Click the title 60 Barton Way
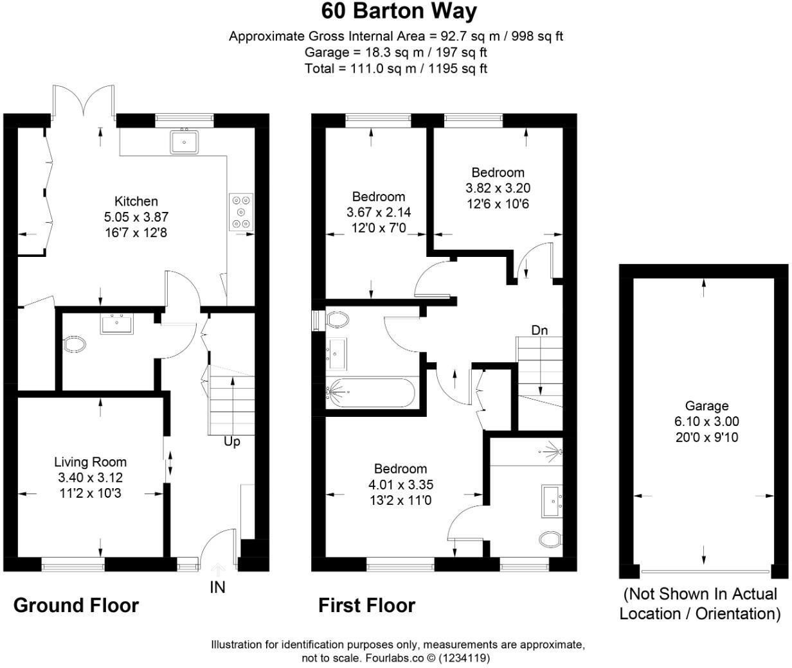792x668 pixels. click(399, 12)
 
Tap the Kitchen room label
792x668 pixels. click(136, 201)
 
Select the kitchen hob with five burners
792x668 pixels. click(242, 211)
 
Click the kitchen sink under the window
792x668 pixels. click(184, 142)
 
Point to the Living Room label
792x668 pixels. click(90, 462)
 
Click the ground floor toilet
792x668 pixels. click(75, 345)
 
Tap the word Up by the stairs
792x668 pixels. click(231, 442)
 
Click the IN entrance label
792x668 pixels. click(218, 587)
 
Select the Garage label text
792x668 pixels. click(706, 406)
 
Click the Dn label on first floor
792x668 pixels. click(539, 330)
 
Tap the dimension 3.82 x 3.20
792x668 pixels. click(498, 188)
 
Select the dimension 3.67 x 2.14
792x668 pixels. click(379, 213)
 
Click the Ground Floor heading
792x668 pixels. click(76, 605)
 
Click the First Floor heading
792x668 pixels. click(366, 605)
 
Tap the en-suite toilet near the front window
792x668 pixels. click(550, 539)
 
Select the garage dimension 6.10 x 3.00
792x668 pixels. click(706, 422)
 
